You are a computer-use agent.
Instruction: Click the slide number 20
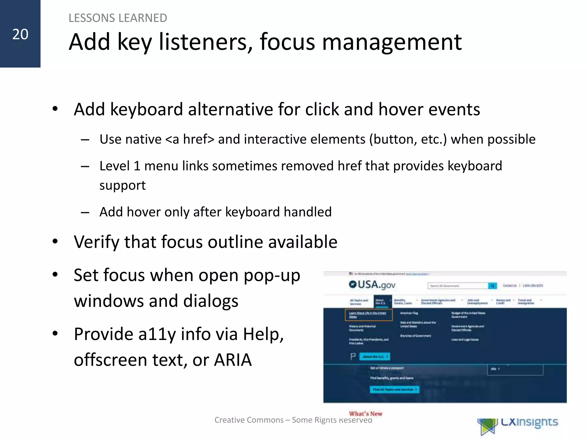pyautogui.click(x=20, y=34)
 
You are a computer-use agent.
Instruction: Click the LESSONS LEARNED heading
pyautogui.click(x=118, y=18)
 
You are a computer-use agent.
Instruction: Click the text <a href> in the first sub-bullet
pyautogui.click(x=189, y=140)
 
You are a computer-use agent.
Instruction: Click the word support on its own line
pyautogui.click(x=122, y=185)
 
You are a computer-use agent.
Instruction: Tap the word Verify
pyautogui.click(x=97, y=242)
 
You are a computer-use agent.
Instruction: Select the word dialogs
pyautogui.click(x=211, y=301)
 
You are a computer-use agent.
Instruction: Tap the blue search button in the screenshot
pyautogui.click(x=492, y=286)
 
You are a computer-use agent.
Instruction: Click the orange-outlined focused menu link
pyautogui.click(x=368, y=315)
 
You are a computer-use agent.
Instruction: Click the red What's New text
pyautogui.click(x=365, y=413)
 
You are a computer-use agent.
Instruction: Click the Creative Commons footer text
pyautogui.click(x=293, y=420)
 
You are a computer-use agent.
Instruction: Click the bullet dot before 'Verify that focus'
pyautogui.click(x=55, y=241)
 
